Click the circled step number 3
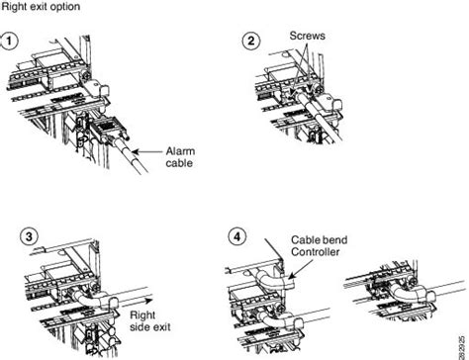tap(31, 236)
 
